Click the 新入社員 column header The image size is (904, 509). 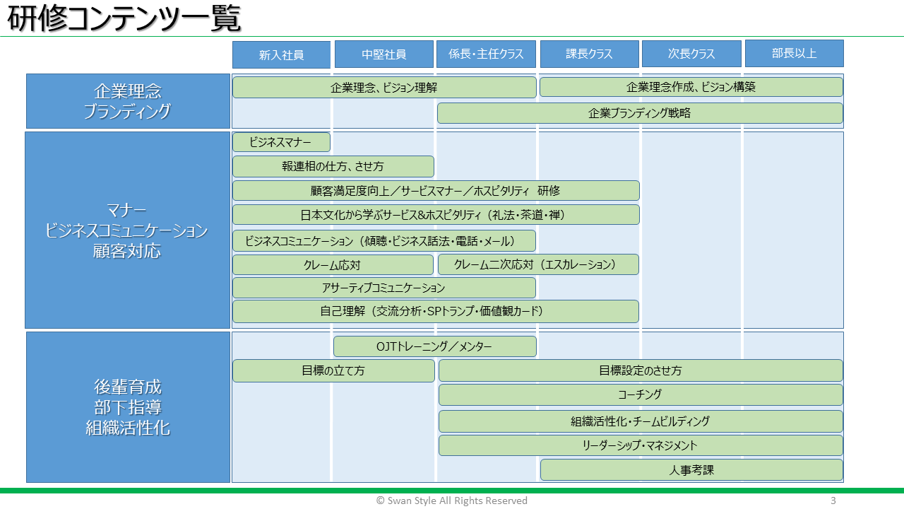click(281, 54)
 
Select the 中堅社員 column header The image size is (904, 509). click(383, 54)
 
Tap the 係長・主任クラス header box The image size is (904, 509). click(486, 54)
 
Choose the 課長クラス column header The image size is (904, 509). click(589, 54)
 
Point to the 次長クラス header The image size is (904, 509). click(691, 53)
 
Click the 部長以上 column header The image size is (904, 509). click(795, 53)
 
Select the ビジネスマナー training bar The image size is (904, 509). click(281, 142)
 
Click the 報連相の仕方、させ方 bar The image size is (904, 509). click(333, 166)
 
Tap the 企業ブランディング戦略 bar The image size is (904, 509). click(640, 113)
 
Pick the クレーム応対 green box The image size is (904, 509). click(333, 265)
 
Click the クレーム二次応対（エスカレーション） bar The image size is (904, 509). click(538, 264)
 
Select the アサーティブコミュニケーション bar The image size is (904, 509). click(384, 288)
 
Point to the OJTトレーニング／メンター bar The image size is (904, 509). click(435, 346)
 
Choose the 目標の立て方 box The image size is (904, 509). click(334, 371)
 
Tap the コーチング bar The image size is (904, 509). click(641, 394)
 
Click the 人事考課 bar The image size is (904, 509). click(691, 470)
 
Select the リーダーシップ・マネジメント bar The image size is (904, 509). click(641, 445)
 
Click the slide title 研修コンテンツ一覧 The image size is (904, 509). click(124, 18)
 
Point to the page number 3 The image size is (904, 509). click(833, 501)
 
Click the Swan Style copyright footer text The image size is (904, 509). click(451, 501)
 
